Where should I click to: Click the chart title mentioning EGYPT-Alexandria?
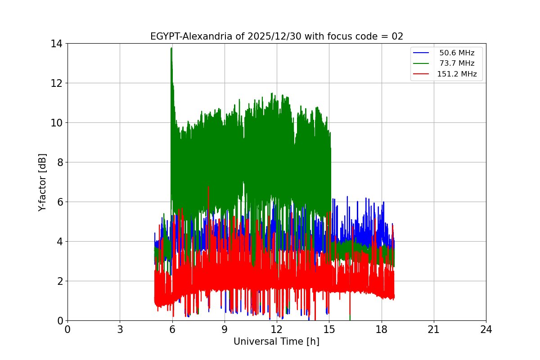click(x=276, y=36)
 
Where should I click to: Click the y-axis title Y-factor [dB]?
click(x=42, y=182)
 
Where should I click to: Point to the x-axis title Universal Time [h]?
click(x=276, y=342)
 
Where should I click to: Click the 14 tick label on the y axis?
click(x=56, y=44)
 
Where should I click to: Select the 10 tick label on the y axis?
click(x=56, y=123)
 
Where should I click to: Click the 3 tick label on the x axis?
click(x=120, y=329)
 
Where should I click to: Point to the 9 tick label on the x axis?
click(x=224, y=329)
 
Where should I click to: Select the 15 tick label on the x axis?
click(x=329, y=329)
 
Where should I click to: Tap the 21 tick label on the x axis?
click(x=433, y=329)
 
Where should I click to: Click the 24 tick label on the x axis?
click(x=486, y=329)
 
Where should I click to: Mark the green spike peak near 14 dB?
click(x=171, y=48)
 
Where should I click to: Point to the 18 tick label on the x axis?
click(x=381, y=329)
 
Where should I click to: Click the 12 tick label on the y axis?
click(x=56, y=83)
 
